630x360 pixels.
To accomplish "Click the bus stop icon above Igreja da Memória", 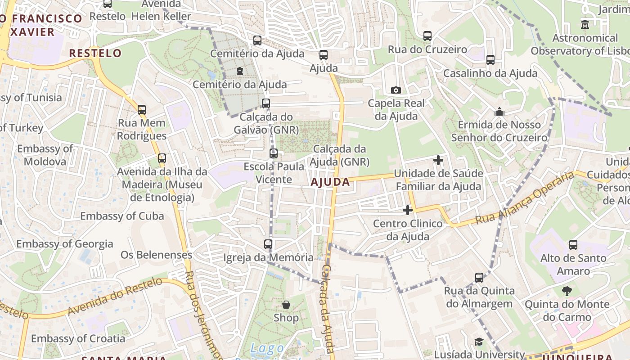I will (x=268, y=244).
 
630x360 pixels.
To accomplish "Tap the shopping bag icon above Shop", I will (x=286, y=305).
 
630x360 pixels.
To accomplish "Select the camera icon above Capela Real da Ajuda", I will (x=396, y=90).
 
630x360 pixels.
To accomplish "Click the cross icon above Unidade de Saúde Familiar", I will (x=438, y=160).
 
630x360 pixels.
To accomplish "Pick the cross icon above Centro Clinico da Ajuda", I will (x=408, y=210).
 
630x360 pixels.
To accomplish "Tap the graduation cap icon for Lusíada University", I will (x=479, y=342).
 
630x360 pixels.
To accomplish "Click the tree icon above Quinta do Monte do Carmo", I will (x=567, y=291).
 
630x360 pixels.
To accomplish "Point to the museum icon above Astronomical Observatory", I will (x=585, y=24).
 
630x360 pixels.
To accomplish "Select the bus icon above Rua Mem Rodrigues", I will (x=142, y=109).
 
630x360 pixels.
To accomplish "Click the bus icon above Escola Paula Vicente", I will (x=274, y=153).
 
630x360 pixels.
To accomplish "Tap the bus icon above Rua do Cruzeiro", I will (x=427, y=36).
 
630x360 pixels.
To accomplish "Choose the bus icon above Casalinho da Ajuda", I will (x=490, y=59).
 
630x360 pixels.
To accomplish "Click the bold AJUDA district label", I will (x=330, y=182).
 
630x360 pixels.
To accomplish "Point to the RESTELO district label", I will (x=95, y=53).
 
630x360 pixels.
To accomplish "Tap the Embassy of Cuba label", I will (x=122, y=216).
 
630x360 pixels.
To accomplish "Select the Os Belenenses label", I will (x=156, y=255).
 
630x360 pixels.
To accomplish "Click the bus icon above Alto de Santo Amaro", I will (x=573, y=245).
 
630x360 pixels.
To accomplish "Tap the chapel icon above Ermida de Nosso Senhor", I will (x=499, y=111).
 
